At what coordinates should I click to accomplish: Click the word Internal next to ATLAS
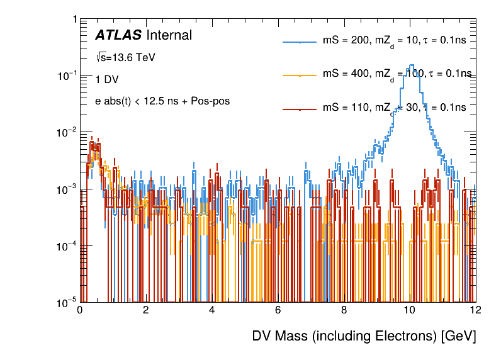coord(169,35)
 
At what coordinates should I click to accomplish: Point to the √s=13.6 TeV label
coord(125,57)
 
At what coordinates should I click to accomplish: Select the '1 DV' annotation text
coord(106,79)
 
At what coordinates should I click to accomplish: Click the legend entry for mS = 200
coord(394,41)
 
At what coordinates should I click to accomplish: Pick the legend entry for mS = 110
coord(394,108)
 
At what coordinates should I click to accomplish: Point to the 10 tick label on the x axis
coord(409,310)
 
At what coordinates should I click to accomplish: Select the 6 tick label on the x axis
coord(278,310)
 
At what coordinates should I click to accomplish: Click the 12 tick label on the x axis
coord(475,310)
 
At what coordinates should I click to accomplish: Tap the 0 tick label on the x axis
coord(80,310)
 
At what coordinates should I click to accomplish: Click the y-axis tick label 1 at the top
coord(74,20)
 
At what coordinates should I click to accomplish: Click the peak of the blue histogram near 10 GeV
coord(411,65)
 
